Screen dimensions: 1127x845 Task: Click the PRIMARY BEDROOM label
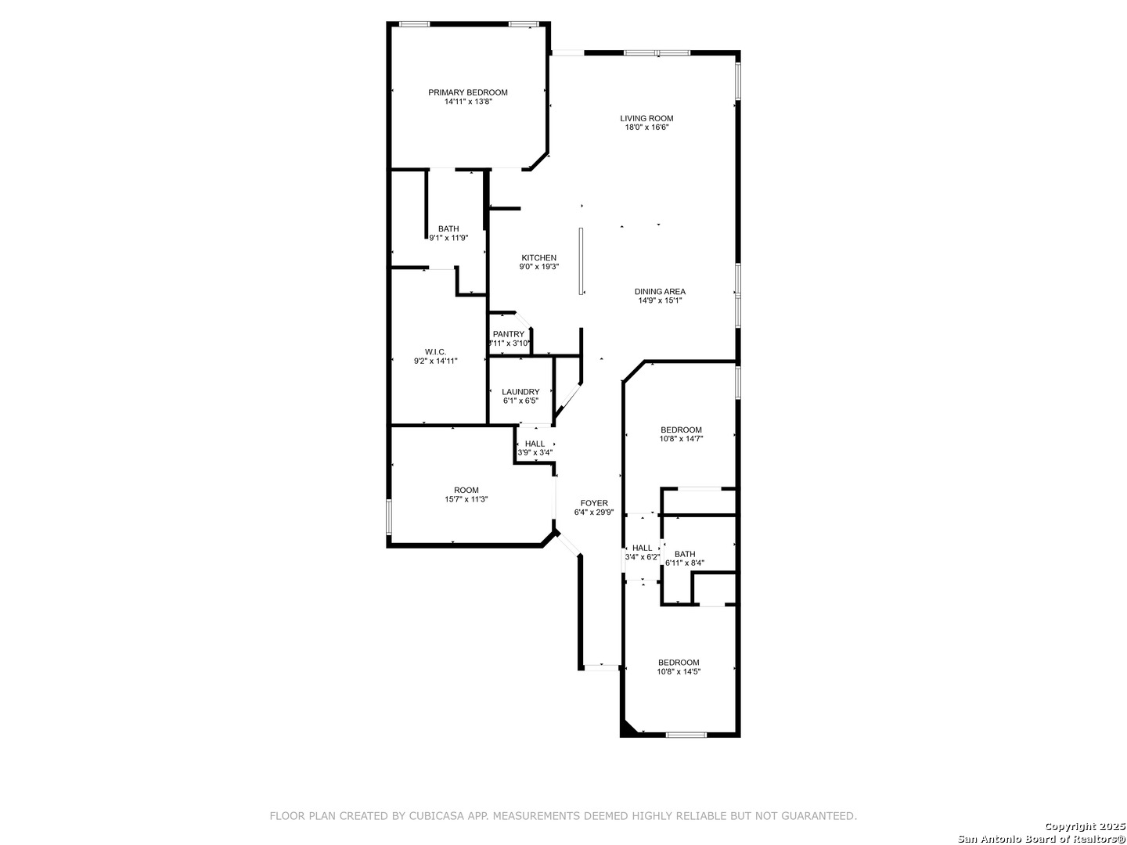click(x=468, y=92)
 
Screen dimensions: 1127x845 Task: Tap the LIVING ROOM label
click(x=646, y=118)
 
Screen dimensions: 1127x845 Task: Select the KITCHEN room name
click(x=538, y=258)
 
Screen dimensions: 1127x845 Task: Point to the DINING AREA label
click(x=660, y=291)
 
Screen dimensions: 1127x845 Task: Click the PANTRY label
click(x=509, y=334)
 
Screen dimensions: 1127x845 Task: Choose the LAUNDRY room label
click(x=520, y=392)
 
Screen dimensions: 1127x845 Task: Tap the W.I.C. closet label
click(x=435, y=352)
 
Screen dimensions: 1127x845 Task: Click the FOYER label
click(x=594, y=503)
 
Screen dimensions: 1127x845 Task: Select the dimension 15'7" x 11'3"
click(x=466, y=499)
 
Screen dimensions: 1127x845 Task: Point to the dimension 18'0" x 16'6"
click(x=646, y=128)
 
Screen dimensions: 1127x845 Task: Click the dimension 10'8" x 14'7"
click(x=681, y=439)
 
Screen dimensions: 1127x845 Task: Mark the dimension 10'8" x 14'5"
click(x=679, y=671)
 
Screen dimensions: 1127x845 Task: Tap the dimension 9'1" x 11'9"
click(x=448, y=238)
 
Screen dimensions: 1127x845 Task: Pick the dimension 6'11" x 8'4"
click(x=684, y=563)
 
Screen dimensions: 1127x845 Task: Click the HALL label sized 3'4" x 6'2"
click(x=642, y=548)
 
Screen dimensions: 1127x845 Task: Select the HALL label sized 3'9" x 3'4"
click(x=535, y=444)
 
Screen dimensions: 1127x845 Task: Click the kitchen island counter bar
click(x=581, y=261)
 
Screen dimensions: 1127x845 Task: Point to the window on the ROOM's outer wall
click(x=389, y=517)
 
